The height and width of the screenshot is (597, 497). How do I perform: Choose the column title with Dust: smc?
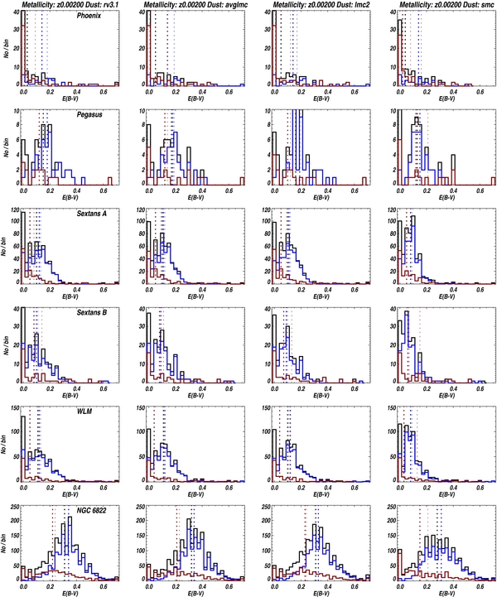pos(437,5)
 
